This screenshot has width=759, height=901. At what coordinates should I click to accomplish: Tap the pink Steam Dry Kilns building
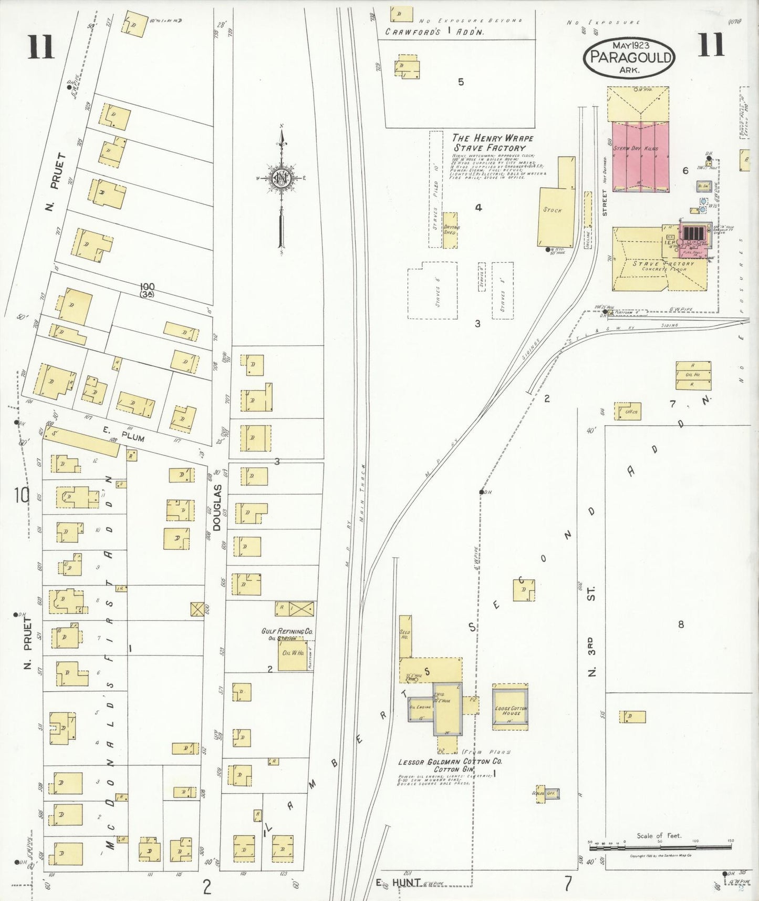click(641, 157)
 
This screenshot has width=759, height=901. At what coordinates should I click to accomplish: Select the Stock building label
click(553, 210)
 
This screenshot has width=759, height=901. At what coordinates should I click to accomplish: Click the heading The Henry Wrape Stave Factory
click(492, 142)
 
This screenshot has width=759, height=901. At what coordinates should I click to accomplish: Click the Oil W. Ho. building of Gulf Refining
click(292, 654)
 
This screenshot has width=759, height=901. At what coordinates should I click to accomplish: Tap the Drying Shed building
click(451, 230)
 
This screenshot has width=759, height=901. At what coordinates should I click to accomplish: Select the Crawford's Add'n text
click(434, 32)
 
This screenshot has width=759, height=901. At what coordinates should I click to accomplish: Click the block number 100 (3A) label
click(147, 290)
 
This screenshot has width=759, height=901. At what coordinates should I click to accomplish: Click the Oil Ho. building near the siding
click(693, 375)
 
